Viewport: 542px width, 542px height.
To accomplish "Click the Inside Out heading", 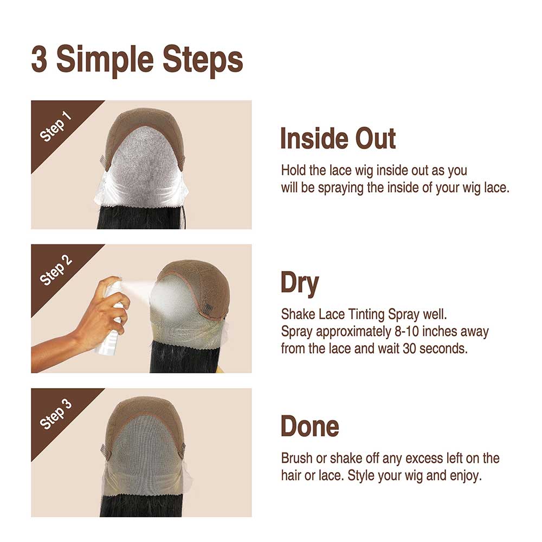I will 338,138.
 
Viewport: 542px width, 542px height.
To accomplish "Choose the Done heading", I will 309,427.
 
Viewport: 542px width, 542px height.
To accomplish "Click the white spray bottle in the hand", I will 111,320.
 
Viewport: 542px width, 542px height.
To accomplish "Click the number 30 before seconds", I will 410,348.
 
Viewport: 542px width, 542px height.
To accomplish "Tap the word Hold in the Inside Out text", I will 293,170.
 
